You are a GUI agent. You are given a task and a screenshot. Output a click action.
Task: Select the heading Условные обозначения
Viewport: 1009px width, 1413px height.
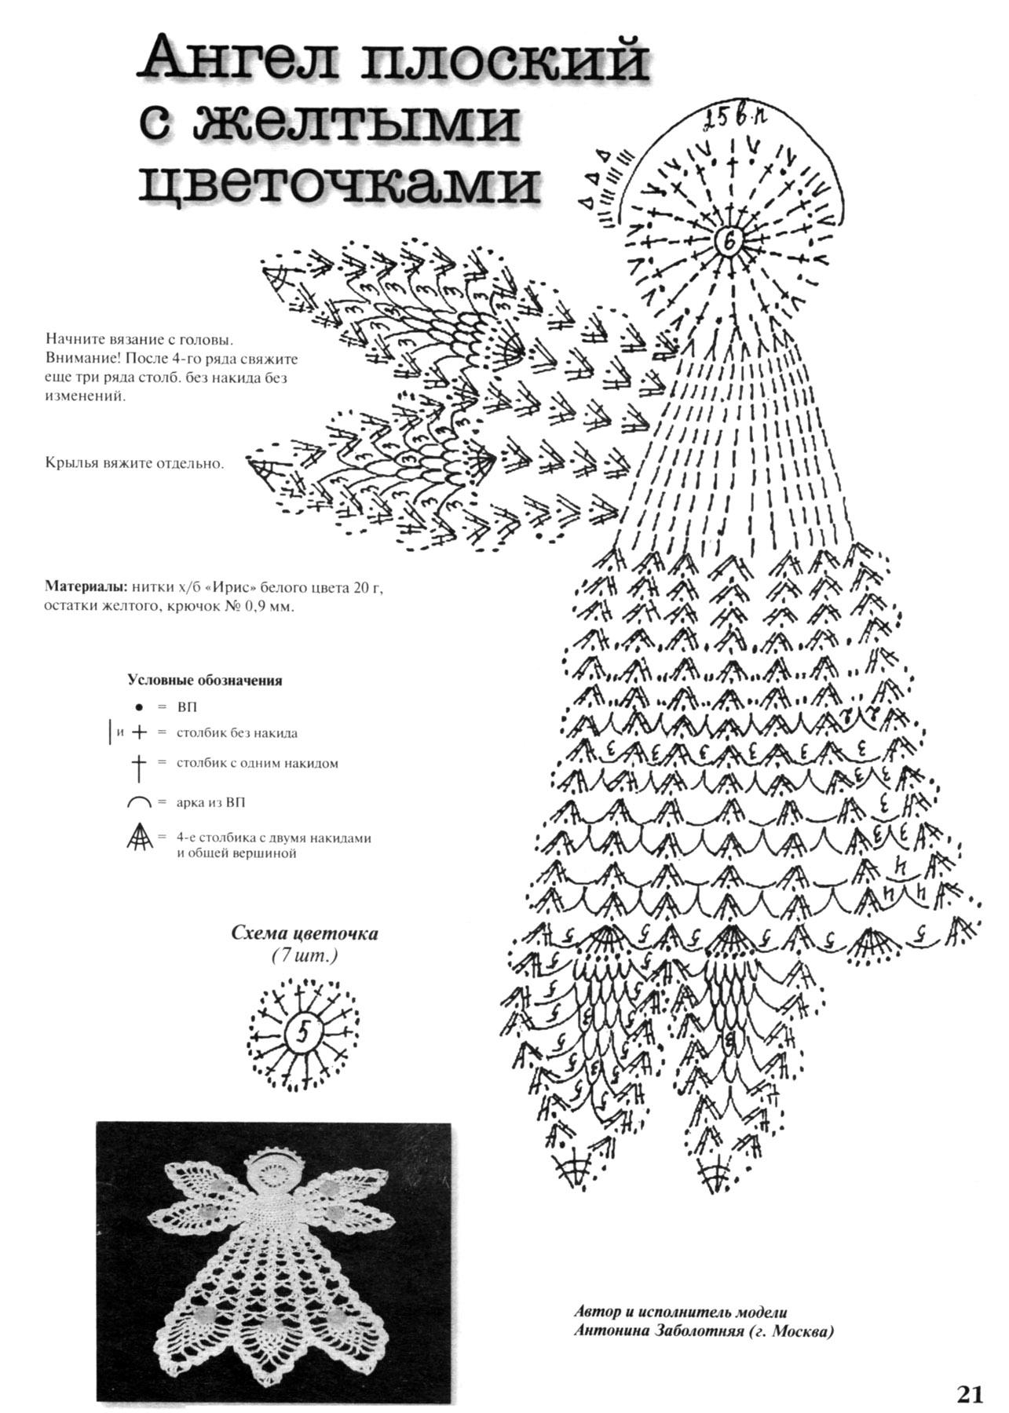click(204, 681)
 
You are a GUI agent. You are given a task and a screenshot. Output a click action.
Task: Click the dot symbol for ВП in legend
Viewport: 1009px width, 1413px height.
click(138, 707)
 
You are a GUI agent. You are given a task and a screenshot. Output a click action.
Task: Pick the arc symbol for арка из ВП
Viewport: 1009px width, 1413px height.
click(138, 802)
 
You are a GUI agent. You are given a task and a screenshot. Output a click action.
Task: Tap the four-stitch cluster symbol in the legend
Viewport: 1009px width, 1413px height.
click(138, 840)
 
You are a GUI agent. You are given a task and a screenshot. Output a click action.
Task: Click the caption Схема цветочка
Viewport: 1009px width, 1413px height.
click(304, 934)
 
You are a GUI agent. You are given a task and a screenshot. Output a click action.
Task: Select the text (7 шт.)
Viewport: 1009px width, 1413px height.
click(304, 955)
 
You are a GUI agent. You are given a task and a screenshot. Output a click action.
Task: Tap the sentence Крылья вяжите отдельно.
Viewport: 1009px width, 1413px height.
click(134, 463)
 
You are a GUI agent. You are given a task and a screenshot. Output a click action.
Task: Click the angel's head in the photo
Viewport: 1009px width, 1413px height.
click(272, 1177)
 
